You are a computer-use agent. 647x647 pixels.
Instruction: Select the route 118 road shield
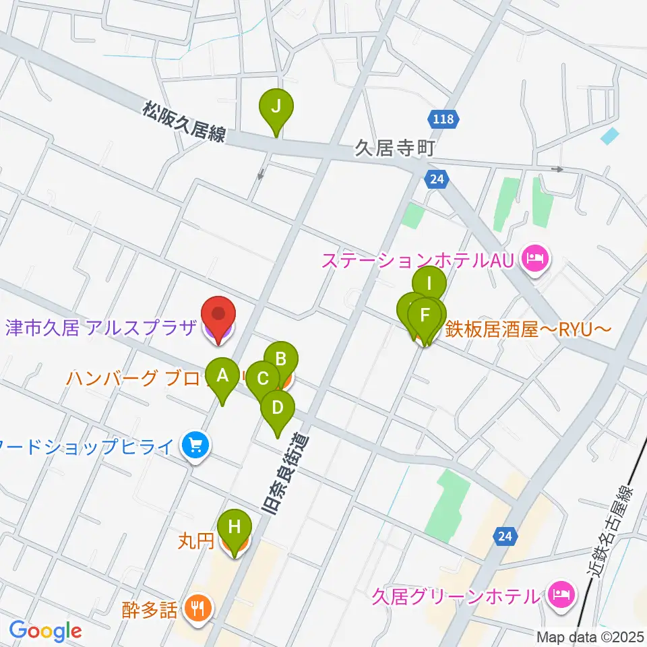pyautogui.click(x=444, y=119)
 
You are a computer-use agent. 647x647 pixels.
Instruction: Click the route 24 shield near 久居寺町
pyautogui.click(x=436, y=179)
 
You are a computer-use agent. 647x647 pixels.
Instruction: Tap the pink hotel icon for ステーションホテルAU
pyautogui.click(x=536, y=258)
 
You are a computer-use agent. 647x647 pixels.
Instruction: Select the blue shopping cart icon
pyautogui.click(x=195, y=445)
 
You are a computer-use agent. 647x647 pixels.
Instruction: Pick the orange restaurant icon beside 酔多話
pyautogui.click(x=197, y=609)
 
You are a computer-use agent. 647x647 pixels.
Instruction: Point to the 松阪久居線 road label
pyautogui.click(x=183, y=122)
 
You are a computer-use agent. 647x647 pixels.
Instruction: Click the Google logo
pyautogui.click(x=46, y=631)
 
